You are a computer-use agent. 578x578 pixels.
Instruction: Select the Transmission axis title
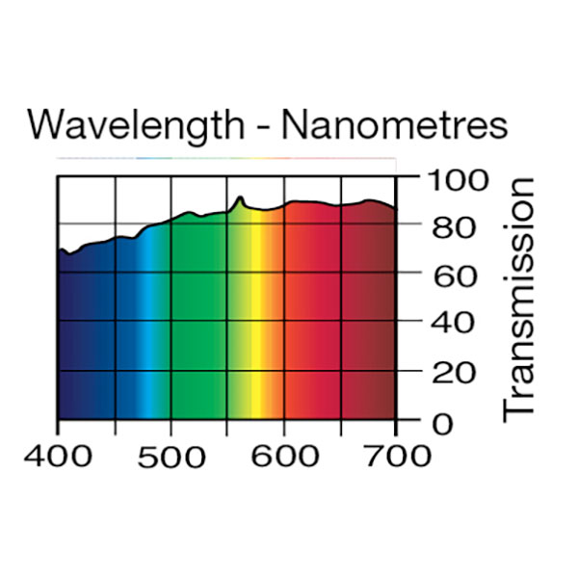coord(519,299)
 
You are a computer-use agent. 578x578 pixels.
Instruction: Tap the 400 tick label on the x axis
coord(58,455)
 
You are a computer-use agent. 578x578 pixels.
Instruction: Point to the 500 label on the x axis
coord(171,455)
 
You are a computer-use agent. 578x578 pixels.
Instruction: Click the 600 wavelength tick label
coord(284,455)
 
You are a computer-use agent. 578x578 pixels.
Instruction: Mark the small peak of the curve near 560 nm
coord(240,198)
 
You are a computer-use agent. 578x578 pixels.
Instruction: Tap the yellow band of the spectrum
coord(256,318)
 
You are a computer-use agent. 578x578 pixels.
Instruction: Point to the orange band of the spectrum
coord(275,318)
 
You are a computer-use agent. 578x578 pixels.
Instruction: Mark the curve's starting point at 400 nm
coord(59,251)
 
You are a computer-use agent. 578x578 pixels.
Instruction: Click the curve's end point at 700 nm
coord(395,209)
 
